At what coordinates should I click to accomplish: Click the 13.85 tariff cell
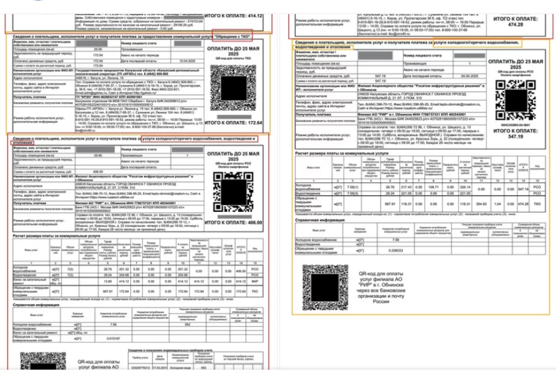(x=108, y=282)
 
